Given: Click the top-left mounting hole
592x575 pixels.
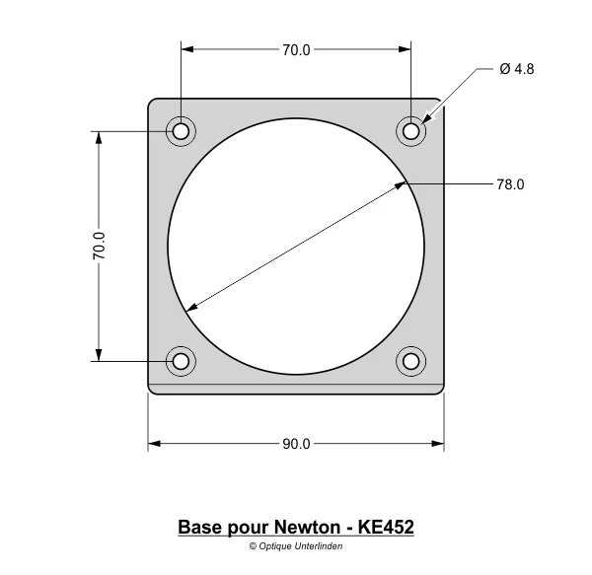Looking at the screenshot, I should click(181, 131).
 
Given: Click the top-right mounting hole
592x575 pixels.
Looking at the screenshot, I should click(411, 131).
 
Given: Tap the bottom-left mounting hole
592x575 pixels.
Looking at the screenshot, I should click(181, 361).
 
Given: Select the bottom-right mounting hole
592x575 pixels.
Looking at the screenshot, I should click(411, 361).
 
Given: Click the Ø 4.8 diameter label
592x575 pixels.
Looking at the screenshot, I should click(517, 69).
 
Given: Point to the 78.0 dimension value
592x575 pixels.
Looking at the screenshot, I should click(510, 184).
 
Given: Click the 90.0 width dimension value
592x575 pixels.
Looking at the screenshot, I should click(296, 444).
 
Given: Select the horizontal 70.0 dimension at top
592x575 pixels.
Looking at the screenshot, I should click(296, 49).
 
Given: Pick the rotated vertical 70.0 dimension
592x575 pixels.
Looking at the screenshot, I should click(99, 246).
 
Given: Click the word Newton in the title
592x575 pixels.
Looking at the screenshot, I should click(306, 528).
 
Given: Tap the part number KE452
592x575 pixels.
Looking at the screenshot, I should click(387, 528).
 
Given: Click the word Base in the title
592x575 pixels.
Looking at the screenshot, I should click(199, 528).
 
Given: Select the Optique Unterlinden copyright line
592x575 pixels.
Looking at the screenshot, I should click(296, 545).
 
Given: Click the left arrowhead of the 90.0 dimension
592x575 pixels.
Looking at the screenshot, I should click(154, 444).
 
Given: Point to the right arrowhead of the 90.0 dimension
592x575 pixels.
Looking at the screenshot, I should click(438, 444).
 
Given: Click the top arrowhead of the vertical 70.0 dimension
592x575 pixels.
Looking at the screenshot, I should click(99, 137).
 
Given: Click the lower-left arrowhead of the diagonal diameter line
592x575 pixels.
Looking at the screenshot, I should click(190, 309).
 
